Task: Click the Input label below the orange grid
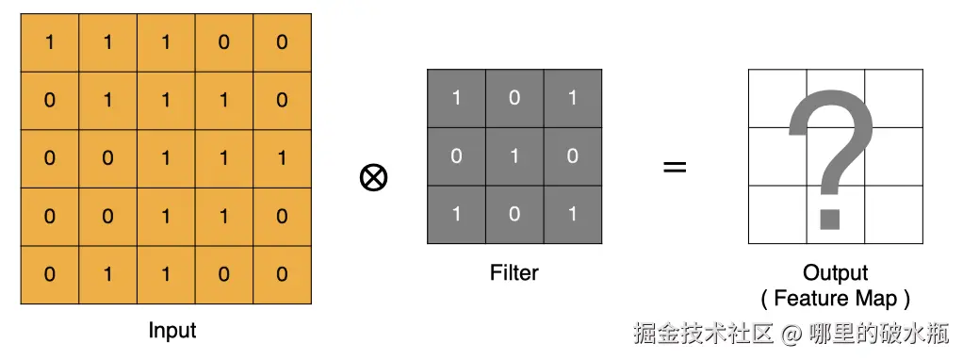171,331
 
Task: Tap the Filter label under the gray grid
514,272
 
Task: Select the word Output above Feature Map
835,272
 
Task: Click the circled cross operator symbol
373,178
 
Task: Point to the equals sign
675,167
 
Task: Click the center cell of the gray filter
514,156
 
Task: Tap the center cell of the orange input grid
166,158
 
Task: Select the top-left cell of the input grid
50,43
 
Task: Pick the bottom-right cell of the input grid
283,274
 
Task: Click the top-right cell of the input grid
283,43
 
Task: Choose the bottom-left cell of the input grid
50,274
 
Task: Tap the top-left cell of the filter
456,98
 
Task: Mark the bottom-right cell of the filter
573,215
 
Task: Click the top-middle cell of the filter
514,98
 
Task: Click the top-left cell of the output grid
777,98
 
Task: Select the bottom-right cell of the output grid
893,215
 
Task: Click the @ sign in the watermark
792,335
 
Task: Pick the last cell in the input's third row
283,158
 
